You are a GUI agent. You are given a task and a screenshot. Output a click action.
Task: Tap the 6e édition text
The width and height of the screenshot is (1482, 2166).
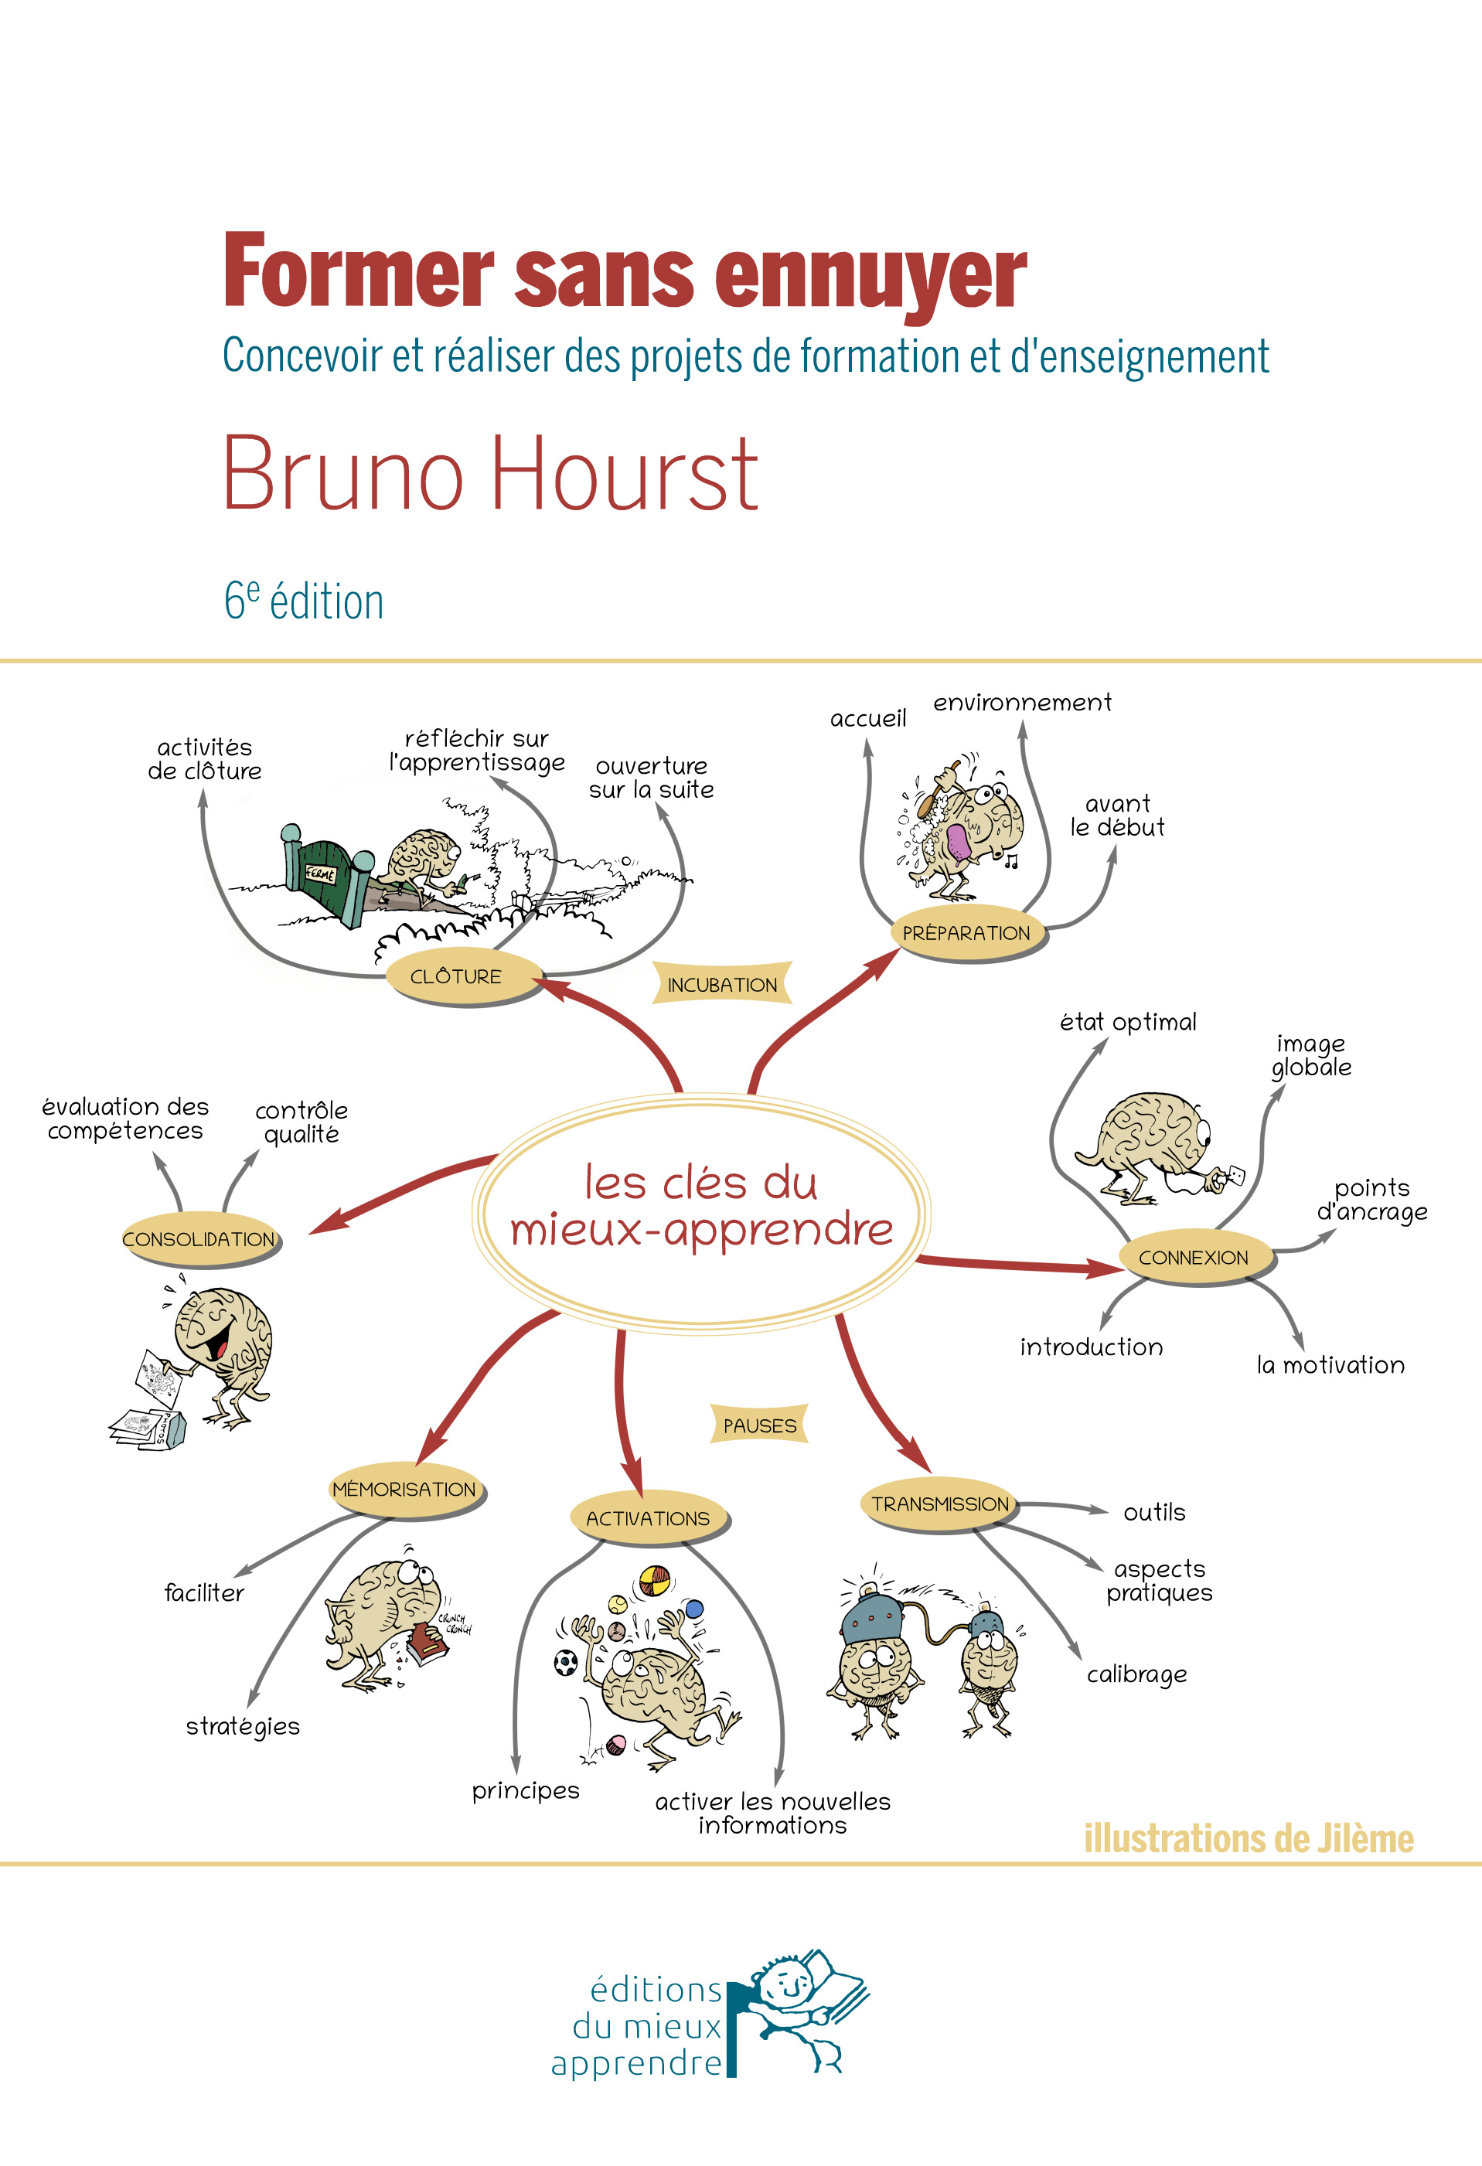point(304,601)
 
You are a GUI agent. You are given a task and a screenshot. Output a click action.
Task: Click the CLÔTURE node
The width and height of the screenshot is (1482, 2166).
point(456,977)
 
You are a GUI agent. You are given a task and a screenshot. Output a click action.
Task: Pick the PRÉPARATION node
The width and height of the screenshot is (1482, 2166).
point(966,933)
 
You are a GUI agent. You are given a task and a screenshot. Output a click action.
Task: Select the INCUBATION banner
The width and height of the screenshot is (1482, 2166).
point(722,985)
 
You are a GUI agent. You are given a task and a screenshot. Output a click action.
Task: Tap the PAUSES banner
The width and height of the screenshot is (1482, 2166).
point(760,1426)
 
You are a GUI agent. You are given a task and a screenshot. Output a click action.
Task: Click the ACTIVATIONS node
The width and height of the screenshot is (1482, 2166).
point(648,1518)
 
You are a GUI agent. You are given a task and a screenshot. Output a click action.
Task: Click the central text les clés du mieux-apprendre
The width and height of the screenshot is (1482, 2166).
point(701,1207)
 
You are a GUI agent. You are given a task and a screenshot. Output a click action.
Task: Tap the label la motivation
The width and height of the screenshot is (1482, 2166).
point(1330,1365)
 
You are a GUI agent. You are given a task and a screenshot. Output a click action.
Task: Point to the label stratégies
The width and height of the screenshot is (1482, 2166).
point(242,1726)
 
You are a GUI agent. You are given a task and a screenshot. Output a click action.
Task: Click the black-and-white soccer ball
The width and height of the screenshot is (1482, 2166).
point(566,1661)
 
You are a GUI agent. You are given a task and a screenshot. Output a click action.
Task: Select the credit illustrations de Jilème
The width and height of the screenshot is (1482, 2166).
point(1248,1839)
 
